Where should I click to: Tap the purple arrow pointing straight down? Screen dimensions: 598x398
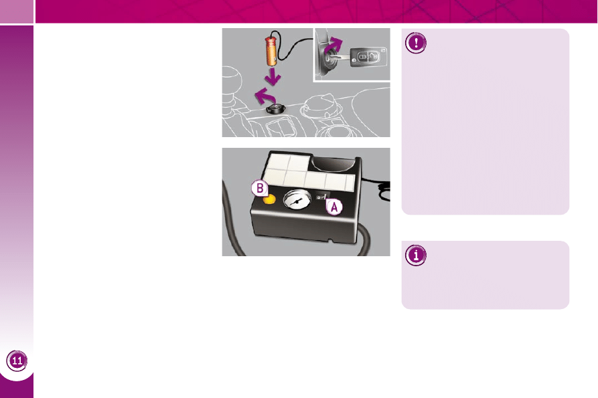[x=273, y=76]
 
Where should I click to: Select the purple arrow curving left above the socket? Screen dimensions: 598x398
[x=264, y=96]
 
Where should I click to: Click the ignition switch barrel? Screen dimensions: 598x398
[x=327, y=59]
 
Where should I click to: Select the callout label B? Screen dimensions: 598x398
[x=260, y=188]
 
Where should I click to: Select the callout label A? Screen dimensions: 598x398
[x=334, y=207]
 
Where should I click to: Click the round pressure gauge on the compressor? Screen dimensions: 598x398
[x=297, y=199]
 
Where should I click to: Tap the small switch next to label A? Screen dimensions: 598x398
[x=322, y=197]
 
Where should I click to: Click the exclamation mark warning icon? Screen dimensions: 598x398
[x=416, y=43]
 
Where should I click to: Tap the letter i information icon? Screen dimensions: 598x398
[x=416, y=255]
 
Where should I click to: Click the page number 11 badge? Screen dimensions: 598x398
[x=17, y=361]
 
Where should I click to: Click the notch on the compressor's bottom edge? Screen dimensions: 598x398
[x=331, y=241]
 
